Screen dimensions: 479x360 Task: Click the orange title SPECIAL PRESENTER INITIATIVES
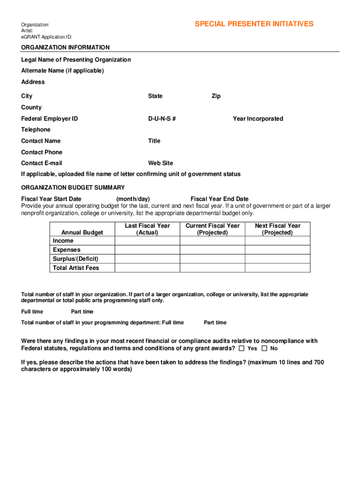tap(254, 24)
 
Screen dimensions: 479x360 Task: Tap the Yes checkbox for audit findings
tap(242, 348)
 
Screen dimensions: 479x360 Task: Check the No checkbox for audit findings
tap(265, 348)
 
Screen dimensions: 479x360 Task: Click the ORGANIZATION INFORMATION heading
tap(65, 47)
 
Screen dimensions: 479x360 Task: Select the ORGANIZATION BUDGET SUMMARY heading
tap(73, 188)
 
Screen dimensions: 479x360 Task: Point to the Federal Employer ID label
tap(50, 119)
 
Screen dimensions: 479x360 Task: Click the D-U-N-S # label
tap(162, 119)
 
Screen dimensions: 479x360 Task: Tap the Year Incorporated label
tap(258, 119)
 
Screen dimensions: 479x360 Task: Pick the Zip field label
tap(216, 96)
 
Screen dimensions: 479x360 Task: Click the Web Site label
tap(160, 163)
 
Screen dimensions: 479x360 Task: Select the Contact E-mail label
tap(42, 163)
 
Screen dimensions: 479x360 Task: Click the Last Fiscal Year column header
tap(147, 229)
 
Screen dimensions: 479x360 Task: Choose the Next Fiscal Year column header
tap(277, 229)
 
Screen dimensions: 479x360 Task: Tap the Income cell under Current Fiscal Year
tap(212, 241)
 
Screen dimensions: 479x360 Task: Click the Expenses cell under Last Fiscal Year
tap(147, 250)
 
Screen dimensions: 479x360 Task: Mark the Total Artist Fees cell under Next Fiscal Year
tap(277, 268)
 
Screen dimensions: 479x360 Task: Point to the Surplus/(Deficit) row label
tap(76, 259)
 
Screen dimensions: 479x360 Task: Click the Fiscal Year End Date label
tap(219, 199)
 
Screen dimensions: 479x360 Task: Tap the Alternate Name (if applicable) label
tap(63, 71)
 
